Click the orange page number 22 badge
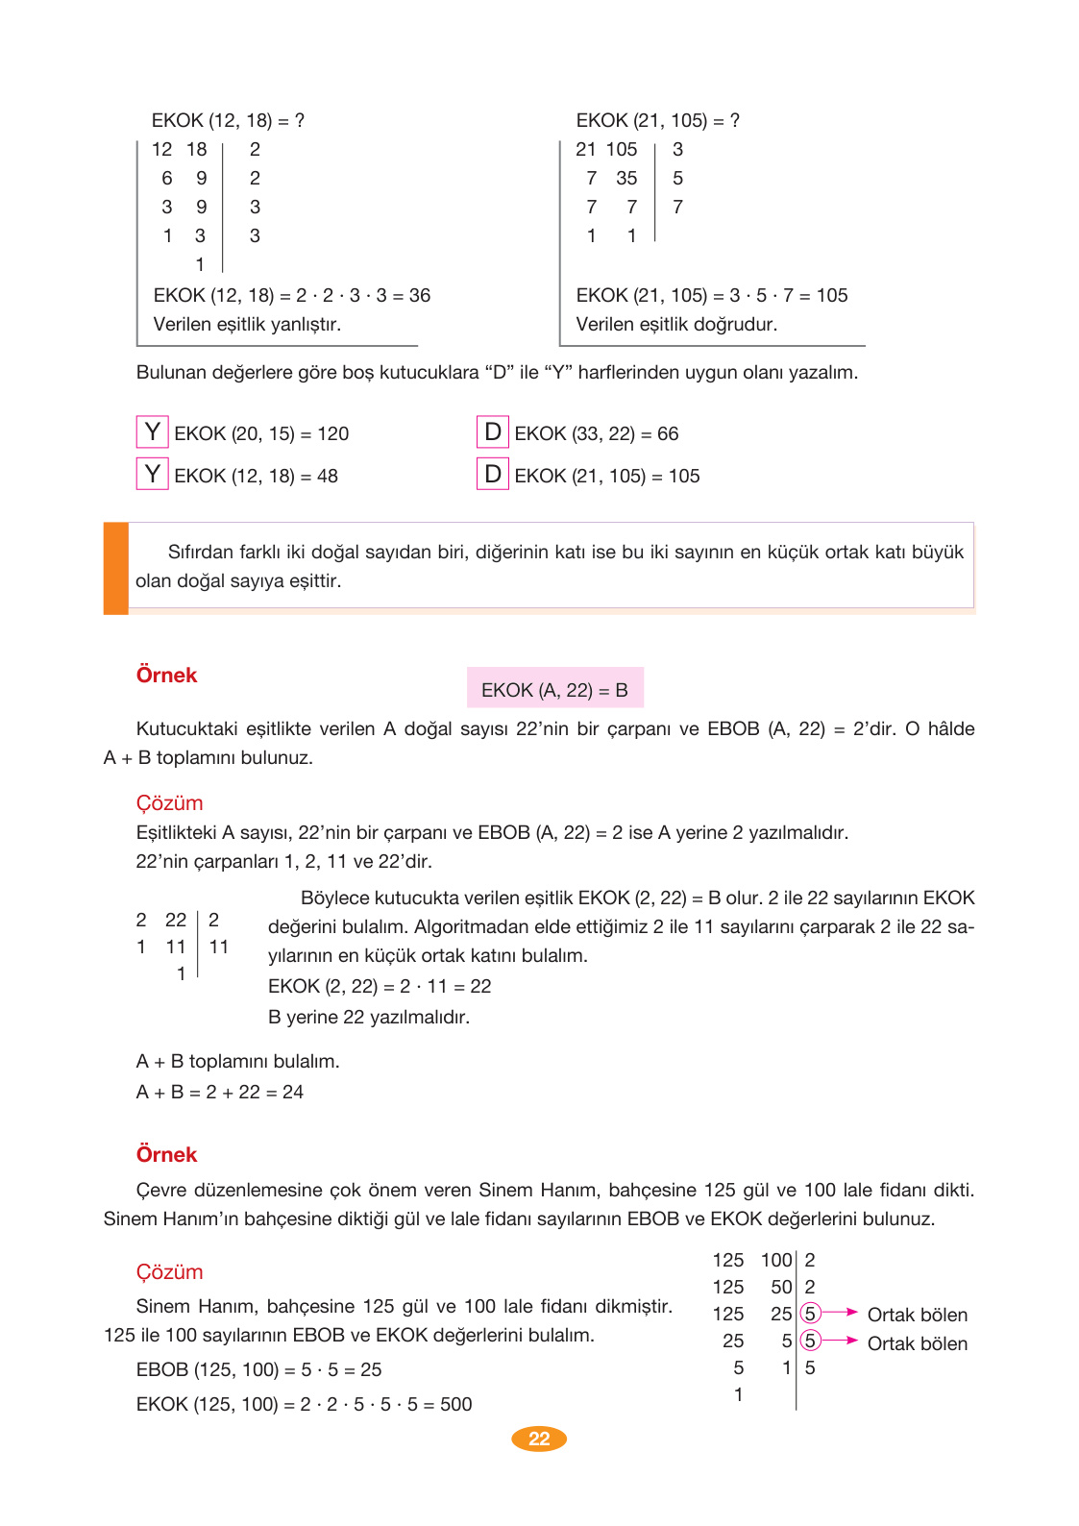pyautogui.click(x=539, y=1439)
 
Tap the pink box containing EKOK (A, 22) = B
pyautogui.click(x=554, y=689)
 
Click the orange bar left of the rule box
pyautogui.click(x=115, y=567)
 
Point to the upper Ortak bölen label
pyautogui.click(x=917, y=1315)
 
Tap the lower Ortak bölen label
pyautogui.click(x=917, y=1343)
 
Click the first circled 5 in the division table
pyautogui.click(x=810, y=1314)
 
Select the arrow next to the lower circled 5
pyautogui.click(x=840, y=1340)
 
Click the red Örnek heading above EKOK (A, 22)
pyautogui.click(x=166, y=675)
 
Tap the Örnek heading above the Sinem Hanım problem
pyautogui.click(x=166, y=1154)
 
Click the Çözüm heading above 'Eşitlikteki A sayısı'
pyautogui.click(x=169, y=802)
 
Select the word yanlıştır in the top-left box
pyautogui.click(x=301, y=324)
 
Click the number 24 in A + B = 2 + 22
pyautogui.click(x=293, y=1092)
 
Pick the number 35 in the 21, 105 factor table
pyautogui.click(x=626, y=178)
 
